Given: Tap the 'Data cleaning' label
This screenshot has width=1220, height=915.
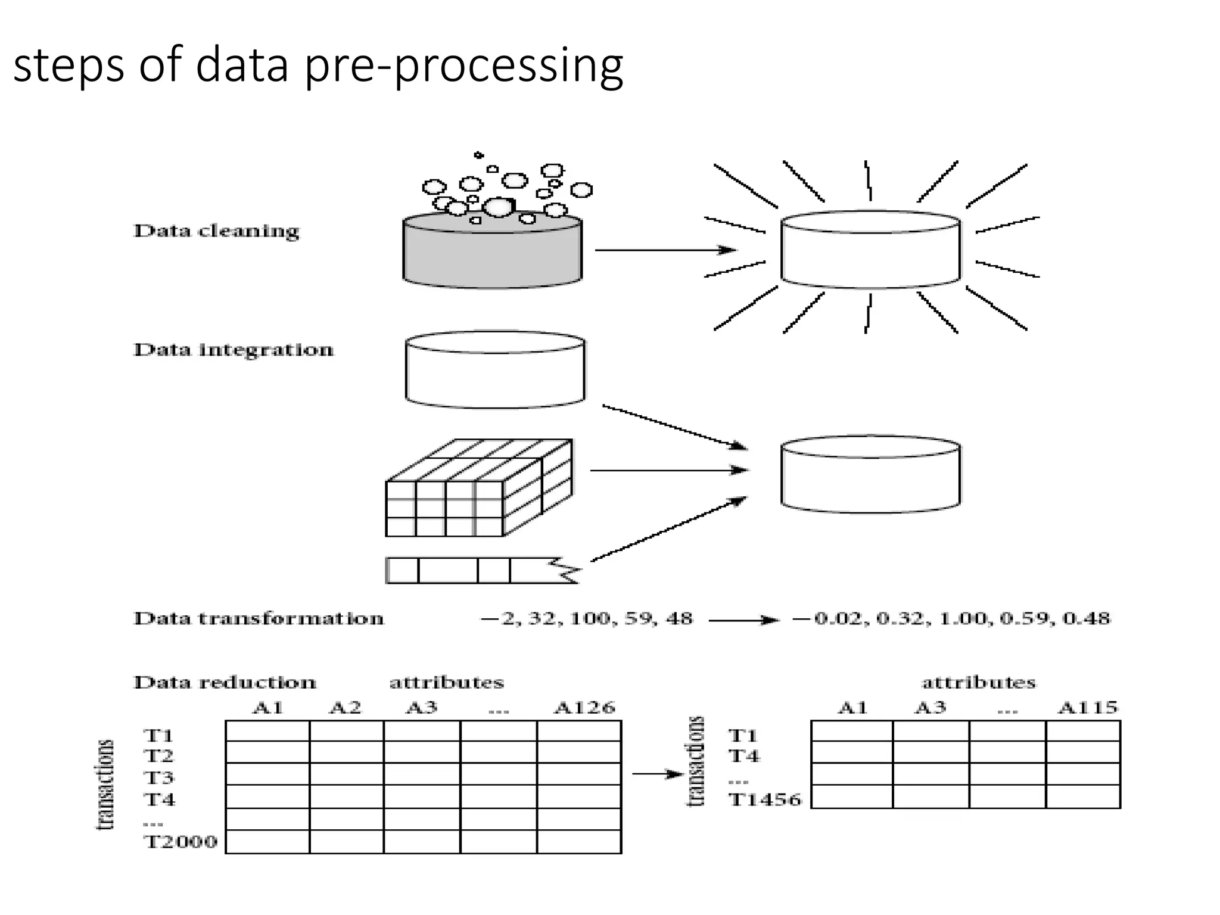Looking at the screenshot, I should point(216,231).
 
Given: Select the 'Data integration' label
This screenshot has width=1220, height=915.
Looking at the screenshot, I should point(233,350).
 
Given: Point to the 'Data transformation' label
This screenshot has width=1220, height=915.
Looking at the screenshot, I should point(259,618).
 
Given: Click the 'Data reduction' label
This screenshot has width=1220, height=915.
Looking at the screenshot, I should point(225,682).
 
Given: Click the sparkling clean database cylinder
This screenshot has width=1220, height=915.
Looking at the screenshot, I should point(870,250).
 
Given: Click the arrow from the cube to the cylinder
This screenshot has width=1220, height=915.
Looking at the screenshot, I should point(667,471).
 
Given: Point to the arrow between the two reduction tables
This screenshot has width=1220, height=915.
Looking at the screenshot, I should point(656,774).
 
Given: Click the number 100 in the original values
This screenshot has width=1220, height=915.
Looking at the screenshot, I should point(589,619).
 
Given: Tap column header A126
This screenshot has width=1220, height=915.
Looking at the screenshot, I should point(584,708).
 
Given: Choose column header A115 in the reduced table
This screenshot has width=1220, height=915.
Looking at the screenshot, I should point(1088,708).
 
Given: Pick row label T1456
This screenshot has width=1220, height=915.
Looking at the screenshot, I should point(765,799).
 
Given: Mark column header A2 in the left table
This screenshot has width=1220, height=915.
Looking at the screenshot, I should point(345,708).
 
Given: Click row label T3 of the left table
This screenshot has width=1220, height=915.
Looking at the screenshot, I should point(158,777).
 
